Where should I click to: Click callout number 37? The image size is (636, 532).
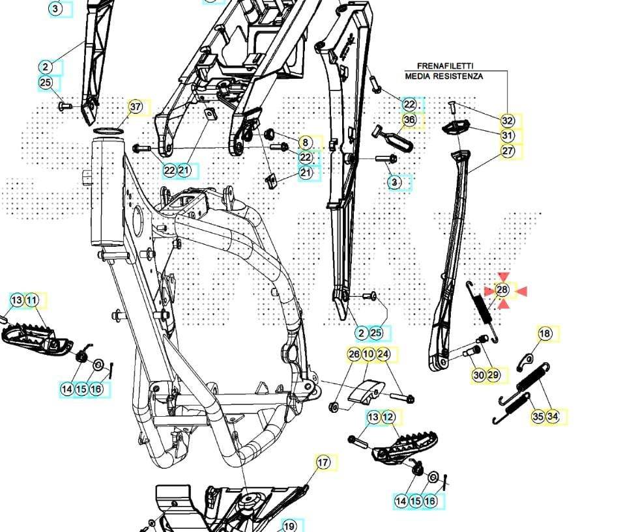pyautogui.click(x=135, y=107)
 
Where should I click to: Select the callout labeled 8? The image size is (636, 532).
pyautogui.click(x=306, y=142)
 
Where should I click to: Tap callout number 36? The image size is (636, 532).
pyautogui.click(x=409, y=120)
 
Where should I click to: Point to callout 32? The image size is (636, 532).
pyautogui.click(x=508, y=120)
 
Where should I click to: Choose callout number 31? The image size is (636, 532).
pyautogui.click(x=508, y=135)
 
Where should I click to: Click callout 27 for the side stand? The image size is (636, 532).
pyautogui.click(x=508, y=150)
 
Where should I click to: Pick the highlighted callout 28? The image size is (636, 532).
pyautogui.click(x=502, y=290)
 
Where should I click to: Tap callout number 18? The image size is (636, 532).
pyautogui.click(x=545, y=334)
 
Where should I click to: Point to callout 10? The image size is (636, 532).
pyautogui.click(x=368, y=354)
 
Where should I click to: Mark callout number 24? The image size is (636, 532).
pyautogui.click(x=383, y=354)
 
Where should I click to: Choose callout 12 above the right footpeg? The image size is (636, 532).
pyautogui.click(x=388, y=417)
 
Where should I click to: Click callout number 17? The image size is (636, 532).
pyautogui.click(x=323, y=462)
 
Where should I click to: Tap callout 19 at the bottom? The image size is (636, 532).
pyautogui.click(x=289, y=525)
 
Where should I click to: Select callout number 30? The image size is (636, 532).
pyautogui.click(x=479, y=375)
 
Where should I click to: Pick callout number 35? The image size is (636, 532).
pyautogui.click(x=538, y=416)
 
